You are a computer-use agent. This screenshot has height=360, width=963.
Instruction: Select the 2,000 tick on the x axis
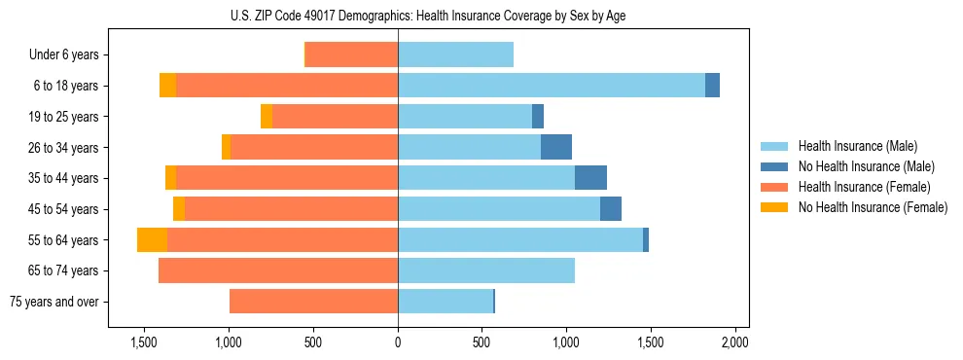pos(734,343)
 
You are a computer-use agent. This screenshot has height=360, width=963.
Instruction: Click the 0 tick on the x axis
pos(398,343)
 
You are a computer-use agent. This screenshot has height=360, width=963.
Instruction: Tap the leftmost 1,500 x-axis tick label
pos(144,343)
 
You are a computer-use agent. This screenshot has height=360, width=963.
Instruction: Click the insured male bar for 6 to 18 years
pos(551,86)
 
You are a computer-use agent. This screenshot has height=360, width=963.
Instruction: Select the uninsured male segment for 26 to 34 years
pos(556,147)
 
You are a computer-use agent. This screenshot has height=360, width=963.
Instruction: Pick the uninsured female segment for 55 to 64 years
pos(152,240)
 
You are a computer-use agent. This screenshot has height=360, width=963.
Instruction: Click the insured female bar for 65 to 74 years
pos(278,270)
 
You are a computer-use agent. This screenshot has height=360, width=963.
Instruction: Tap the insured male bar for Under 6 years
pos(455,55)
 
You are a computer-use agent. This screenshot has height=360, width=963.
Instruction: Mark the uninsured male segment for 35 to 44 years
pos(590,178)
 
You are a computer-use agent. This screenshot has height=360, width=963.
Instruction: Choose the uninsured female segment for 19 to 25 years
pos(267,117)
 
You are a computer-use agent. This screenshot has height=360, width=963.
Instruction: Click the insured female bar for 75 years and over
pos(313,302)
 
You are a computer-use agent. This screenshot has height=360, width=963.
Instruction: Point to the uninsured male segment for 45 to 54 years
pos(611,209)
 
